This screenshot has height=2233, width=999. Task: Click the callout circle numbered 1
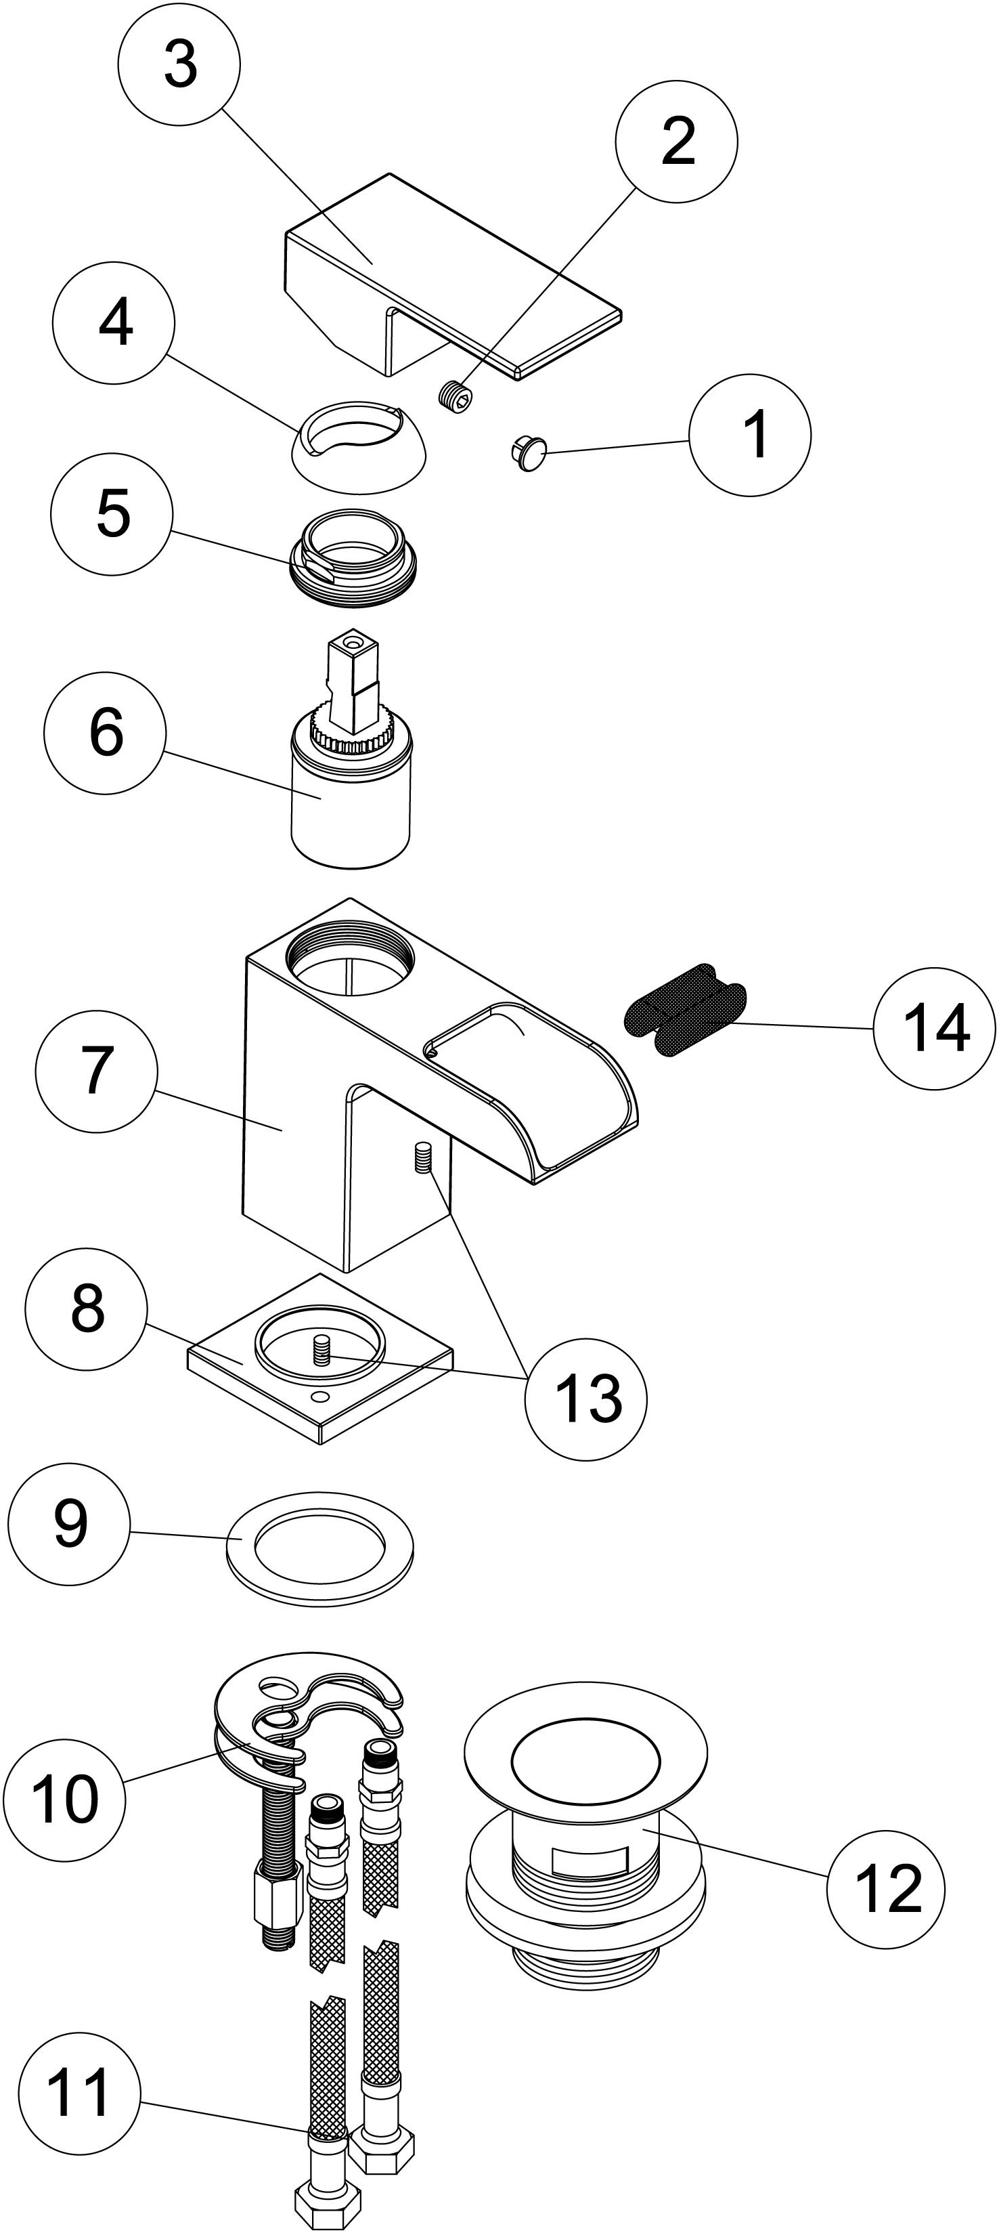tap(751, 435)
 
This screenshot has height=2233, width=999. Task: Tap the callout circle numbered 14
tap(934, 1029)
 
